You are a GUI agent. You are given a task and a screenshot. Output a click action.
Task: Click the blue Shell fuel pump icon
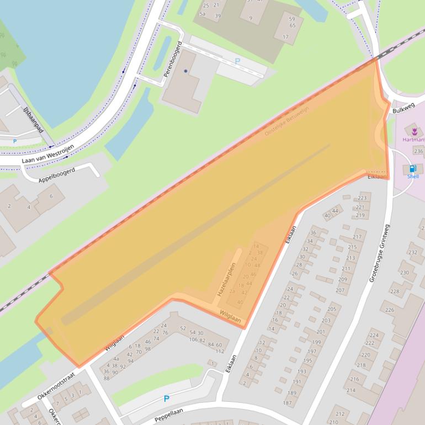(x=413, y=169)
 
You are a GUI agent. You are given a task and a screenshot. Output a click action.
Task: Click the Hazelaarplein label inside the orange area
(x=227, y=280)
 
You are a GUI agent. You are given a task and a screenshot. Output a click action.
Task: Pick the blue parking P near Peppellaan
(x=166, y=399)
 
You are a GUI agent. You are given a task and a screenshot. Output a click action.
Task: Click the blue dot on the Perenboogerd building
(x=185, y=71)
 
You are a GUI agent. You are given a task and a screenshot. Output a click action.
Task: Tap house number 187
(x=288, y=403)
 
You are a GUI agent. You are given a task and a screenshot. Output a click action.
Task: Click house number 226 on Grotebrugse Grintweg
(x=390, y=310)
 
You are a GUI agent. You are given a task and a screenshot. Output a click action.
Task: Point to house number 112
(x=220, y=351)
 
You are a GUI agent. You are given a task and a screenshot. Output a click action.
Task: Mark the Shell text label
(x=413, y=177)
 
